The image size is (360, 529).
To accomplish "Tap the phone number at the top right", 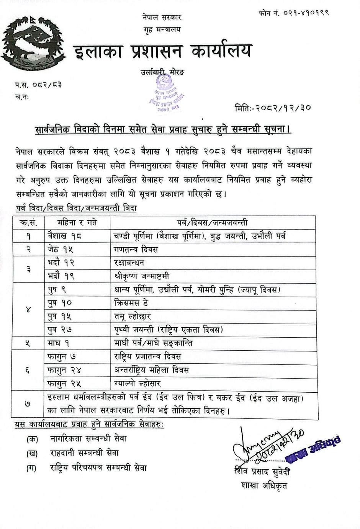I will pos(294,13).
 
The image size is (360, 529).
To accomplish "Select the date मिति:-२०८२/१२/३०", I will pos(273,108).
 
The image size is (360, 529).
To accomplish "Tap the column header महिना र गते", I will pos(77,222).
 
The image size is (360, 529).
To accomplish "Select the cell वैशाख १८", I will pos(65,236).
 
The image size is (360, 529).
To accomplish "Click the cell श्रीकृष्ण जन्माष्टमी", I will pos(142,276).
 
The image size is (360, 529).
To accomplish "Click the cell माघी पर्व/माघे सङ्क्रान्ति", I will pos(153,343).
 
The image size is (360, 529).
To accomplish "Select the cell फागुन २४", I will pos(64,370).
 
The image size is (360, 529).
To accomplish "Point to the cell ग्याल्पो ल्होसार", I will pos(137,384).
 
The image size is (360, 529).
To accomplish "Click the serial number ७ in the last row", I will pos(28,404).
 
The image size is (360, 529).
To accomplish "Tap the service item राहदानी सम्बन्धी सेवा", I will pos(84,453).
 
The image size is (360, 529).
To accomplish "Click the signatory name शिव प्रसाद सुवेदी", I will pos(262,472).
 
